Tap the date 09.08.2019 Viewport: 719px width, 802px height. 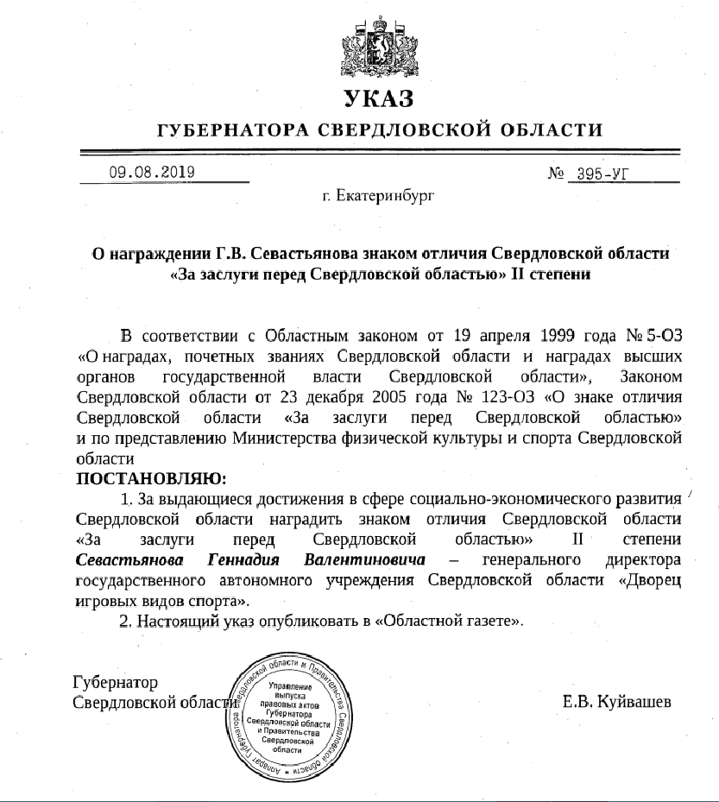click(x=151, y=171)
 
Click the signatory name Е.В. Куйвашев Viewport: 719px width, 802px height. click(x=616, y=701)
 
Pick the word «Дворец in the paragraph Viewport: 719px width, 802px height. click(x=650, y=581)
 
